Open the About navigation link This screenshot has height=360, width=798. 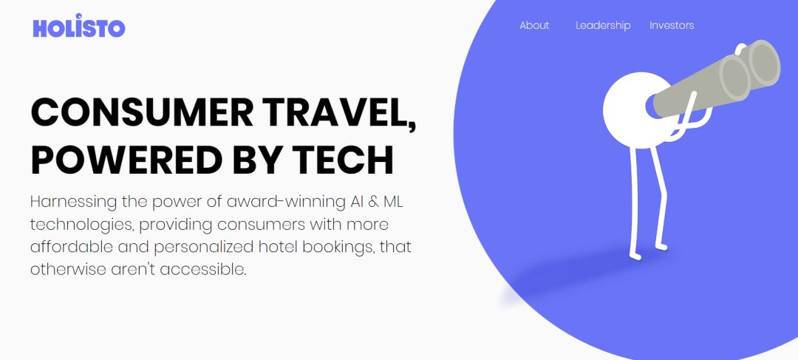(x=534, y=25)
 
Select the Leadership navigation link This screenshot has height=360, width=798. (x=603, y=25)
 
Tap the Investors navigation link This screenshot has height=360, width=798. (x=672, y=25)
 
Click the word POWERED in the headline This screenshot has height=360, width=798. (x=127, y=160)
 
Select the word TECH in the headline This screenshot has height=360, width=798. (x=343, y=160)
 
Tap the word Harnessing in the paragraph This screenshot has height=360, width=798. (x=74, y=202)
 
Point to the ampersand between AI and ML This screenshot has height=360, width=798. (x=373, y=202)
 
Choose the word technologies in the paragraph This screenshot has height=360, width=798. (x=82, y=225)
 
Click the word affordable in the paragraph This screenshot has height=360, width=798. (x=71, y=247)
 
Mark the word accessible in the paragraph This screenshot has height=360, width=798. (x=203, y=269)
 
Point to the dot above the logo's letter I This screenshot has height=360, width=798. (x=78, y=16)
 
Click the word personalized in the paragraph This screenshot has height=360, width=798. (x=204, y=248)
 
